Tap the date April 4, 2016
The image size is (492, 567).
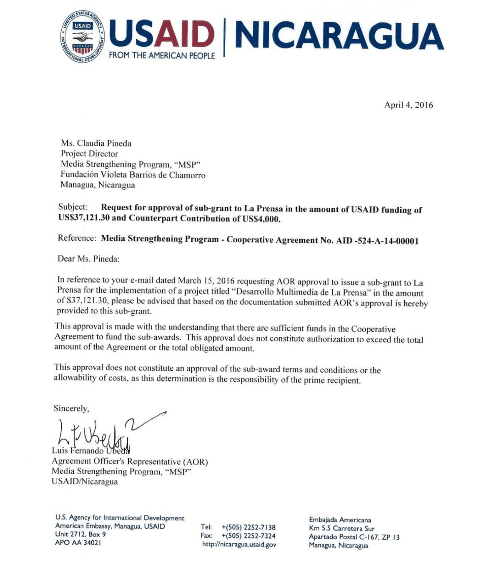point(408,105)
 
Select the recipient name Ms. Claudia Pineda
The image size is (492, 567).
point(96,143)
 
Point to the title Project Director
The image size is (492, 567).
point(89,154)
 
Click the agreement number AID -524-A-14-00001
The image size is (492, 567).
point(377,241)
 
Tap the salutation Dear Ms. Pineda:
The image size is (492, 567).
point(88,259)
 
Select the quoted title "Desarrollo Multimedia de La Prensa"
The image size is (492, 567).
point(300,291)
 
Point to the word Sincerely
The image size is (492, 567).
point(71,409)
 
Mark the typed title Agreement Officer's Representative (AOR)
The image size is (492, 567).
point(130,462)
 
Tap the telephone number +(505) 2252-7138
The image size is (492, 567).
point(249,527)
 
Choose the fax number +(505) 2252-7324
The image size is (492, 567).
point(249,536)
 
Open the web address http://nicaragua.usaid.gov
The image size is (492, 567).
point(239,545)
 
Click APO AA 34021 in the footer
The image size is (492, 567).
point(78,543)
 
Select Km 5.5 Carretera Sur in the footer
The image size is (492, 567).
point(341,529)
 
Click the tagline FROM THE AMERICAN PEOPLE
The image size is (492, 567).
point(162,55)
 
